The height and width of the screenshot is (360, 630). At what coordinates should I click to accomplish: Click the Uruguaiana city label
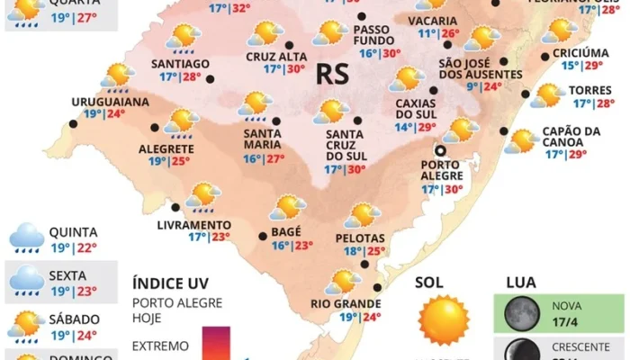(x=110, y=102)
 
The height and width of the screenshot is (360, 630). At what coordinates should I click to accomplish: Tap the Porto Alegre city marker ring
(x=441, y=151)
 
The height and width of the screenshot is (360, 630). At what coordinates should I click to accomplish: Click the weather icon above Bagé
(x=288, y=207)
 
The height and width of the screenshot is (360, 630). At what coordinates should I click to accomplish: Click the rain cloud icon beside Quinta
(x=26, y=238)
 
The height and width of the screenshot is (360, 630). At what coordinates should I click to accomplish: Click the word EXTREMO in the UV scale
(x=160, y=346)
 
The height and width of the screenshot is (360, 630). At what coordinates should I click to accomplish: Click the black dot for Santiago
(x=211, y=79)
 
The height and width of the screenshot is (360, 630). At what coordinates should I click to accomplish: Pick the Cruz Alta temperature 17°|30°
(x=283, y=68)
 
